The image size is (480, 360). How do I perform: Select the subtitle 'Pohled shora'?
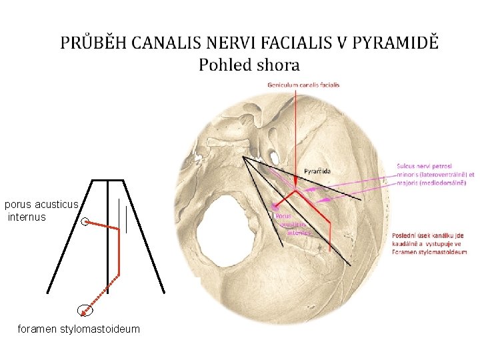coord(249,65)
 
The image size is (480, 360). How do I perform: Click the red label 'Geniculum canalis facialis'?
coord(303,85)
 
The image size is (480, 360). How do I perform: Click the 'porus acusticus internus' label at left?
coord(41,211)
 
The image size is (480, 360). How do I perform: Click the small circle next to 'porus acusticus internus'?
coord(85,222)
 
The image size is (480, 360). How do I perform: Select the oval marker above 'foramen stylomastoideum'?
coord(85,309)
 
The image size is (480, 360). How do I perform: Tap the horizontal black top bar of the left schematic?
coord(107,180)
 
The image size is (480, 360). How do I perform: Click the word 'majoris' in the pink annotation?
coord(409,183)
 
